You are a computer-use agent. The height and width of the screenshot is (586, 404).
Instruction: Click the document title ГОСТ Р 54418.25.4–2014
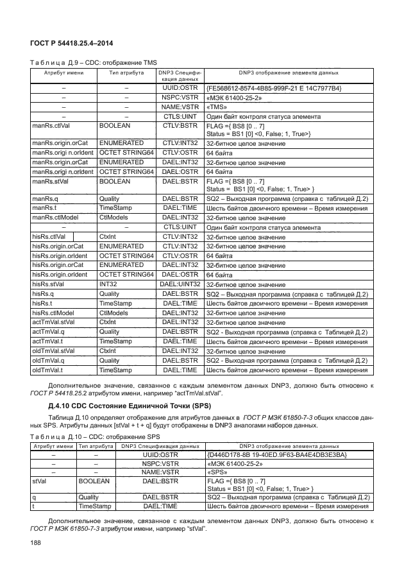69,42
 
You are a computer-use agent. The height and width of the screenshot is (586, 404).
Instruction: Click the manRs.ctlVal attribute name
53,127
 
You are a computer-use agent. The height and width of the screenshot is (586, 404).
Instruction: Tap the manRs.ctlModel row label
57,218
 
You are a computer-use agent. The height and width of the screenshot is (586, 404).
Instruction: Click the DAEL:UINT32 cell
180,283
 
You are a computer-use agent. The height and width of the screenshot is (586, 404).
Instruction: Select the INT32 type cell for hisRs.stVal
108,283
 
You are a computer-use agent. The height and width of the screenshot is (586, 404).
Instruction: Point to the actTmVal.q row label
51,332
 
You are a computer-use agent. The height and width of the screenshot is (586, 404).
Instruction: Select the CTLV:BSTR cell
180,127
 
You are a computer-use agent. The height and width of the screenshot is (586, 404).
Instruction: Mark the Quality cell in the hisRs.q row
110,293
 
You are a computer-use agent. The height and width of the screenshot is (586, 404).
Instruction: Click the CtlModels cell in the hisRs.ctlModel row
114,313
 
